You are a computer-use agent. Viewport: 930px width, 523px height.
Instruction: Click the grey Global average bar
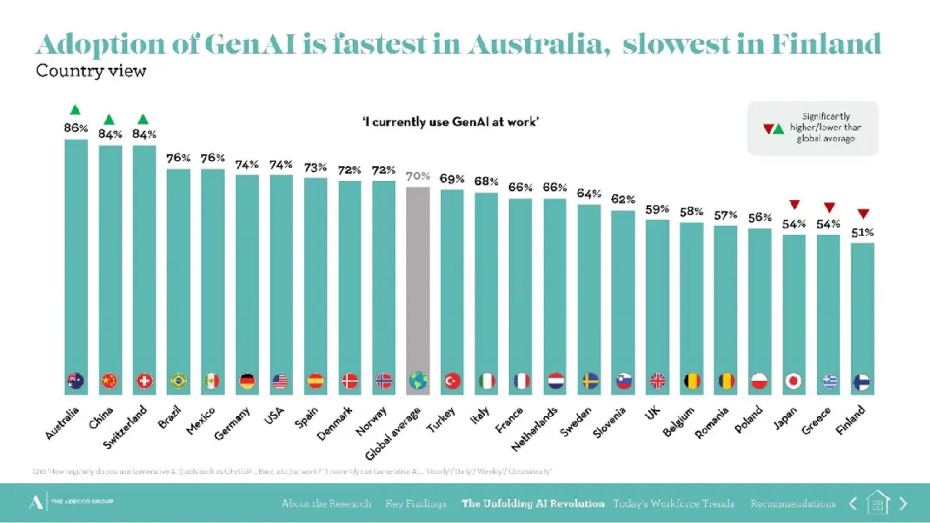click(x=418, y=279)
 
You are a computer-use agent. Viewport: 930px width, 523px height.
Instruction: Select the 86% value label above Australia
click(x=76, y=128)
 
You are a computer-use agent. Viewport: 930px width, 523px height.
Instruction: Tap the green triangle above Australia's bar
click(x=75, y=110)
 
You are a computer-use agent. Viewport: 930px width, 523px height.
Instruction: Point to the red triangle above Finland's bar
click(x=864, y=214)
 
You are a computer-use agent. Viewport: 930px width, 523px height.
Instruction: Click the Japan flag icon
click(x=794, y=382)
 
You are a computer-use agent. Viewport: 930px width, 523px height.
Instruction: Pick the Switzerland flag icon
click(x=144, y=382)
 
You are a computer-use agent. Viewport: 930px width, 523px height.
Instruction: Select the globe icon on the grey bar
click(x=418, y=381)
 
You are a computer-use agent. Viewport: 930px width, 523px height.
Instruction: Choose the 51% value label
click(x=863, y=233)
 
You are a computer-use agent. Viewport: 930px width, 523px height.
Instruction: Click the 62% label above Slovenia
click(x=623, y=200)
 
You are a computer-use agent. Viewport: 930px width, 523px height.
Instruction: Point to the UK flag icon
click(x=657, y=382)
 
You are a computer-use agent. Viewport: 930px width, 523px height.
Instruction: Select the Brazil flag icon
click(x=179, y=382)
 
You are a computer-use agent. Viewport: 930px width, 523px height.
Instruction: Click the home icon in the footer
click(x=877, y=503)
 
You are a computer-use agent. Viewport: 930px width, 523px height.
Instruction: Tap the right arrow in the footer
click(x=903, y=503)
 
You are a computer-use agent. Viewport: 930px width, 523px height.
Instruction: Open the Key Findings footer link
click(x=416, y=503)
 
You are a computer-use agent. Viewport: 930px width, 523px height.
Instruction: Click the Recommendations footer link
click(x=793, y=503)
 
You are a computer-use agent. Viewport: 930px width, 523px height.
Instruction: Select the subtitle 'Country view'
click(x=91, y=71)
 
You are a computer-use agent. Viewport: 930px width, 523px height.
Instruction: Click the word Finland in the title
click(x=826, y=44)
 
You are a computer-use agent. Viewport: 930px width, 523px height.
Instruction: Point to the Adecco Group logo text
click(x=82, y=502)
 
